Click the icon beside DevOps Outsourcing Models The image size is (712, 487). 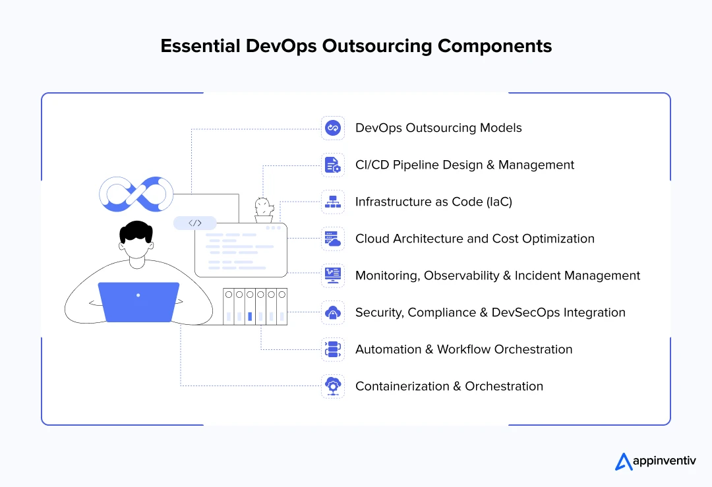(x=333, y=128)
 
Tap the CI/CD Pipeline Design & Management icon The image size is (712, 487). (x=333, y=165)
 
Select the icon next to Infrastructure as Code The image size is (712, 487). (x=333, y=202)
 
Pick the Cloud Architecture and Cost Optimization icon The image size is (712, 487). (x=333, y=239)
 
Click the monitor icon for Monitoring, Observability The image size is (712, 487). (x=333, y=275)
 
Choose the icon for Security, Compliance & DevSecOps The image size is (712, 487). (x=333, y=312)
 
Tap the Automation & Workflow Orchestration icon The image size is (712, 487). (x=333, y=349)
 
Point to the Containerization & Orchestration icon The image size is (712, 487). (x=333, y=386)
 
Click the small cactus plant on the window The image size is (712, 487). (x=264, y=208)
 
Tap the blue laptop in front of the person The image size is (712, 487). (x=138, y=302)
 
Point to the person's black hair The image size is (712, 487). (x=137, y=231)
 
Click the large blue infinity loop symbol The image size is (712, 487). (x=136, y=194)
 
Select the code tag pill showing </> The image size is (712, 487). (x=195, y=223)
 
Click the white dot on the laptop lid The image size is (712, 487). (x=138, y=295)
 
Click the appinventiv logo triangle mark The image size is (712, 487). (x=624, y=462)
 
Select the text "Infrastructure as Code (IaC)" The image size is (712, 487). (x=433, y=202)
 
